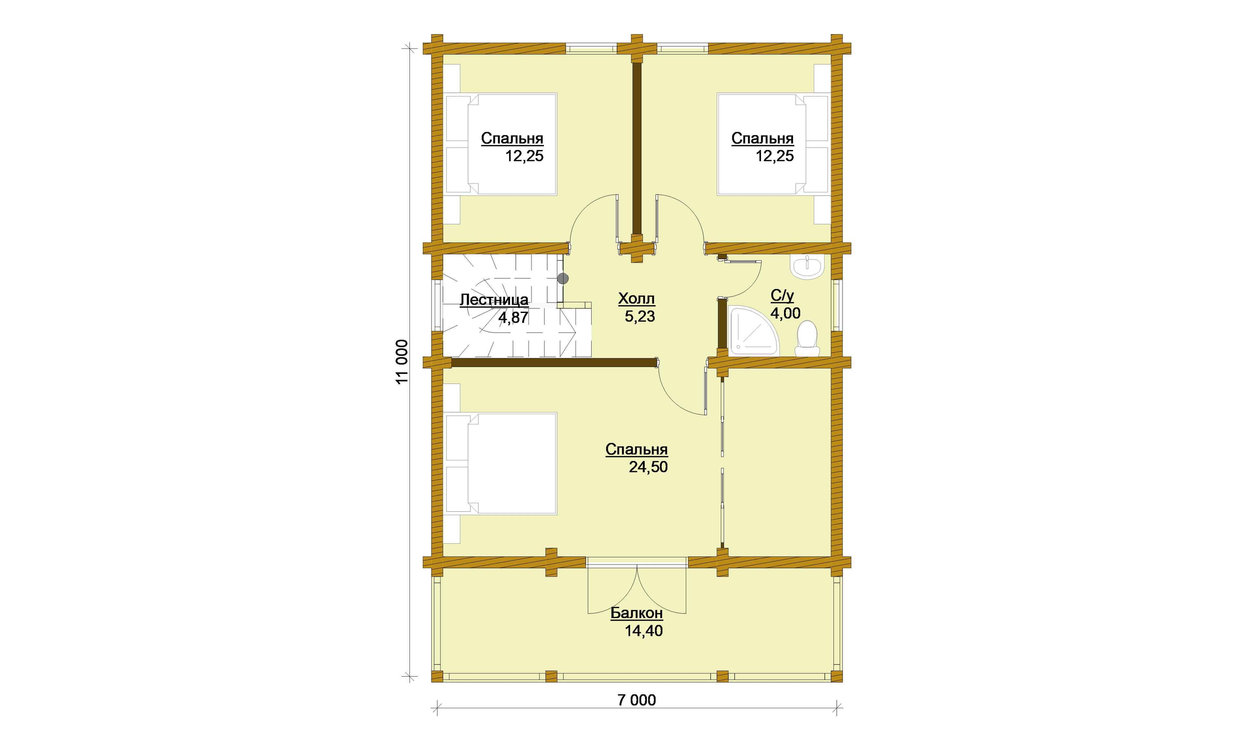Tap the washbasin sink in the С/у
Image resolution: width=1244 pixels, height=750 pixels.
(x=807, y=266)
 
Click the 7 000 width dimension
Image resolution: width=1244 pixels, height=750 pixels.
(x=637, y=700)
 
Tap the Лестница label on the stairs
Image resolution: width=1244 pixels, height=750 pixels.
(x=494, y=300)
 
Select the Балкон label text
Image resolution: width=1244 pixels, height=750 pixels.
(x=636, y=613)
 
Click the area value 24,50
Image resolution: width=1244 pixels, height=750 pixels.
(x=648, y=467)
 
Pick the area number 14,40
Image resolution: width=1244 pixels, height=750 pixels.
(x=644, y=631)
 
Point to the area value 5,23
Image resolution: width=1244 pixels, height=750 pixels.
(x=640, y=317)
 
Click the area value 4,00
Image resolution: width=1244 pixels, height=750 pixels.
(x=785, y=313)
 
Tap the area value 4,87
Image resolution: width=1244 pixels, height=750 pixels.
(x=513, y=318)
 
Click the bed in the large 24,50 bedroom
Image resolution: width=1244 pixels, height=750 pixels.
(x=501, y=464)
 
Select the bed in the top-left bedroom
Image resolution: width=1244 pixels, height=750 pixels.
(x=501, y=144)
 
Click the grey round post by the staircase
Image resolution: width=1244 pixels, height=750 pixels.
(x=563, y=278)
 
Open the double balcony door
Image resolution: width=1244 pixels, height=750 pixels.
(x=637, y=586)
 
